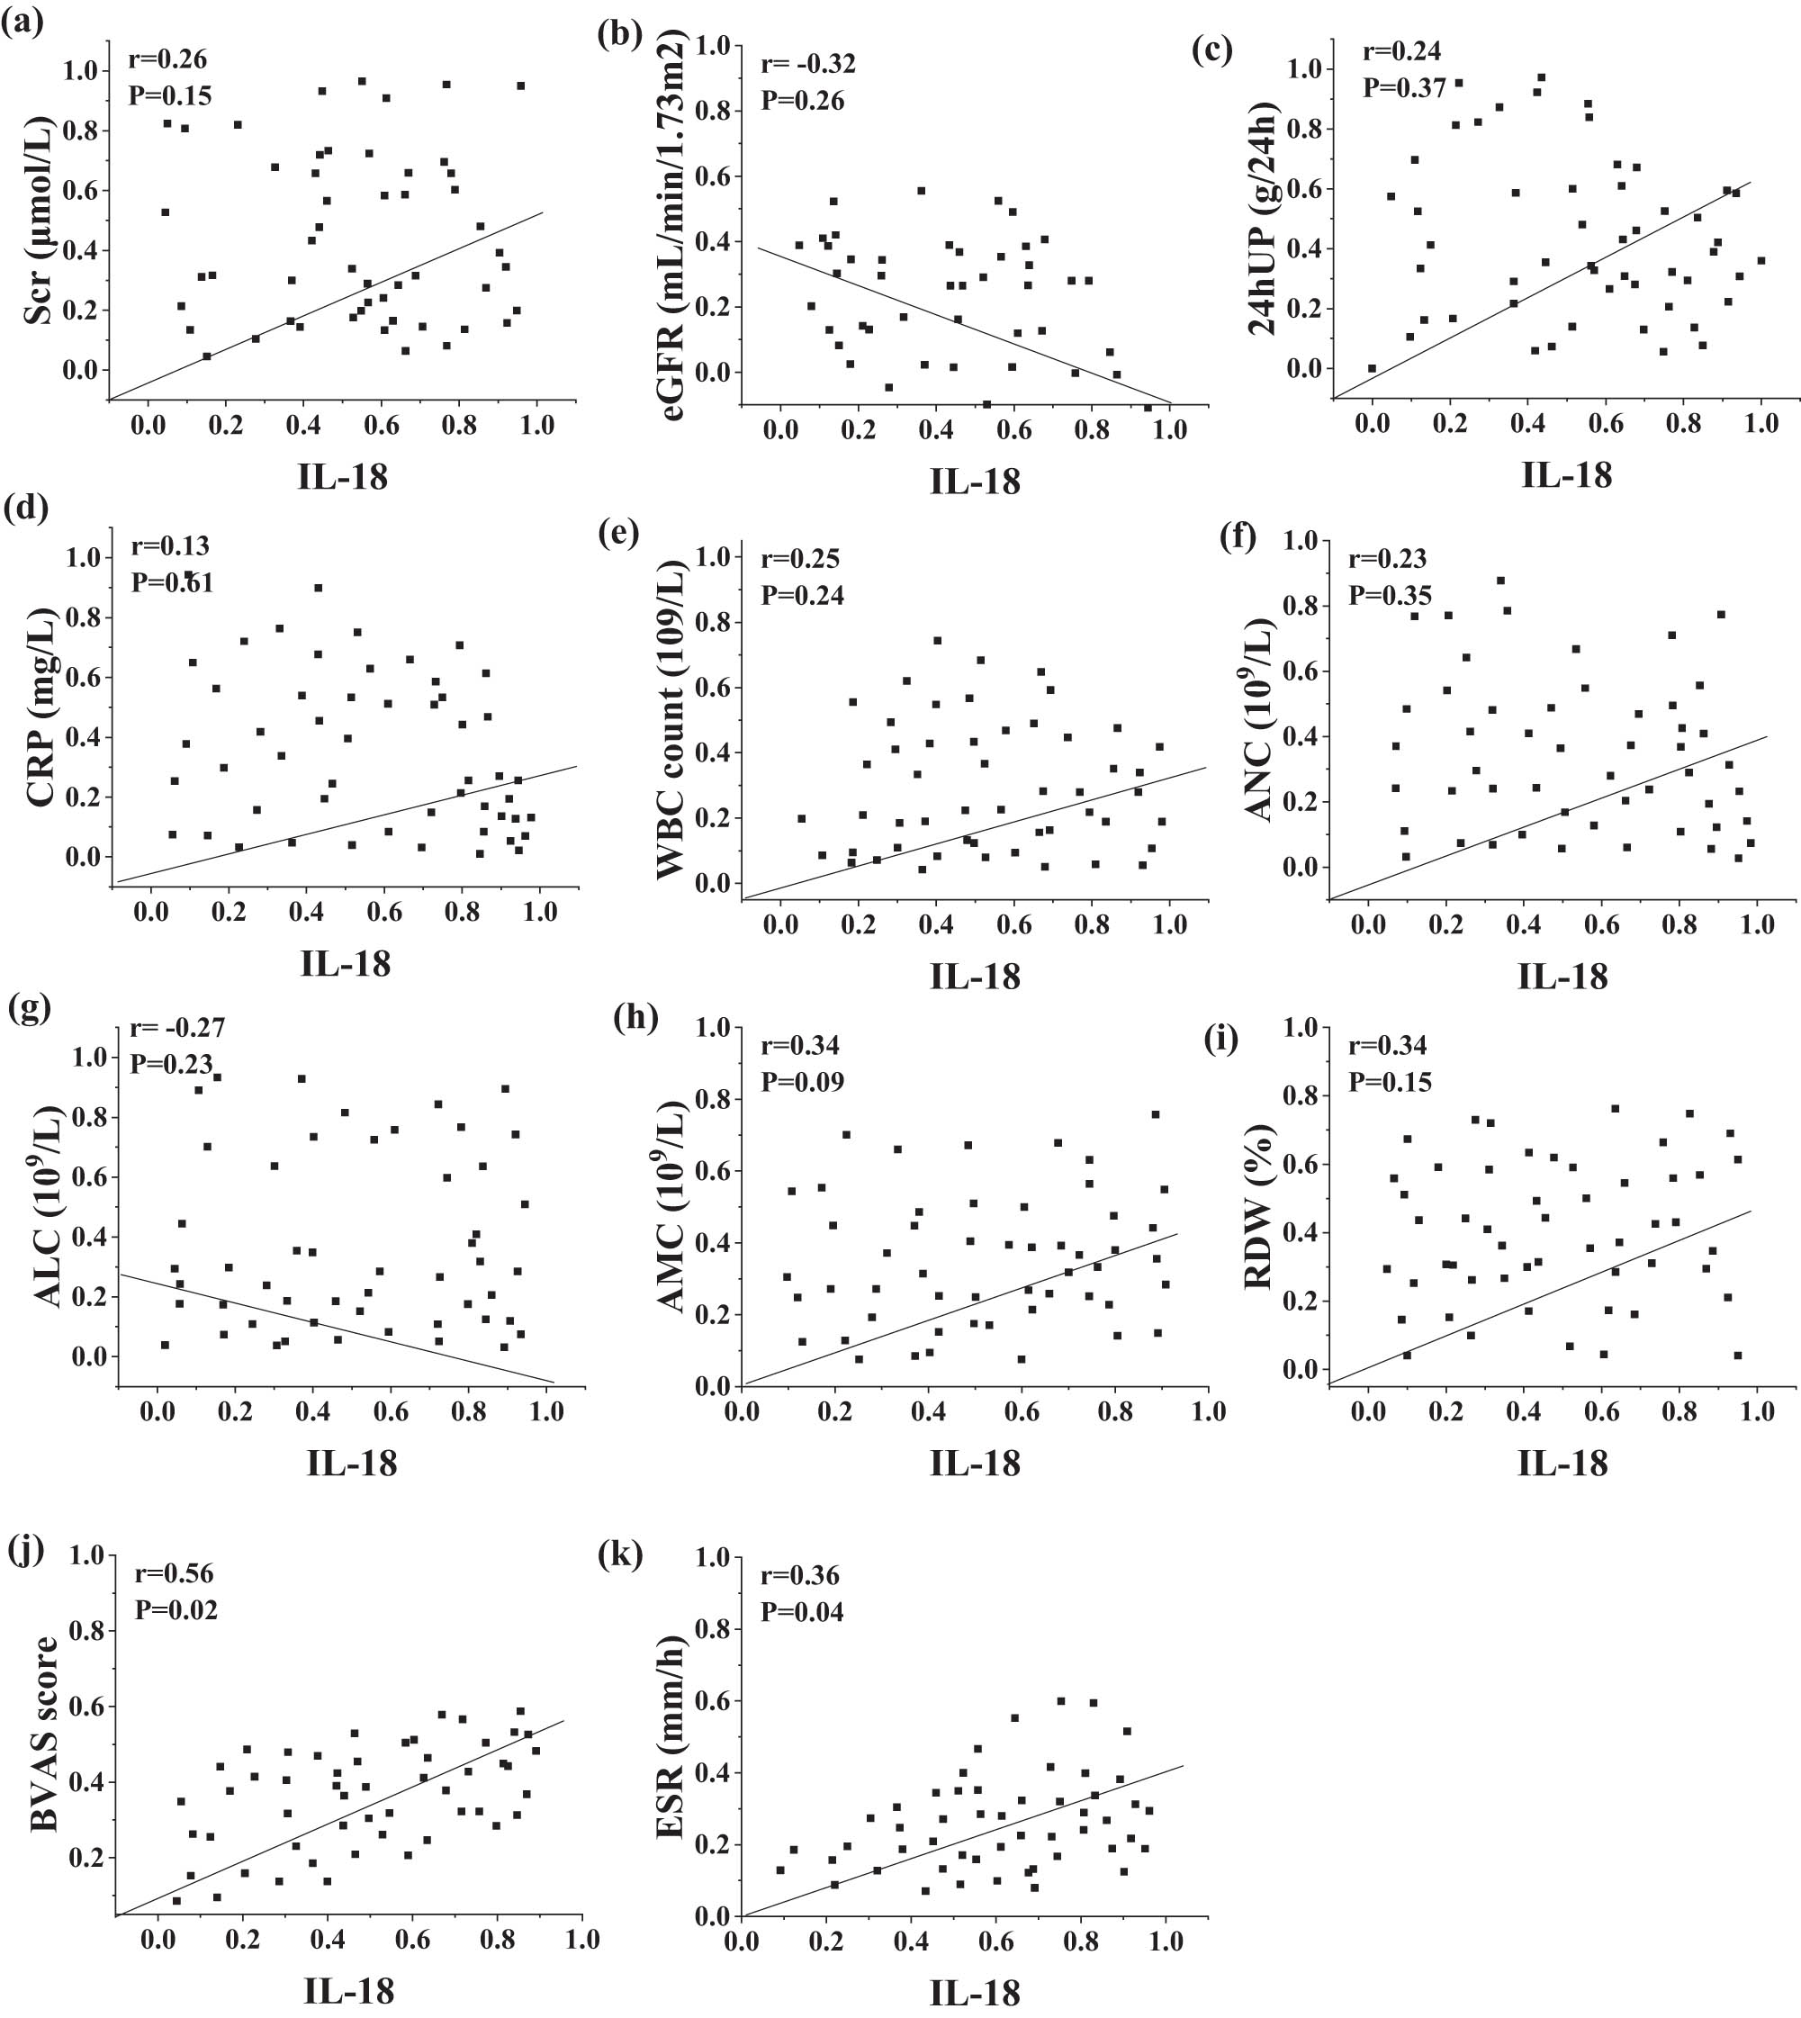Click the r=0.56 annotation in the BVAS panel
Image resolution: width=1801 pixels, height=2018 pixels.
[175, 1572]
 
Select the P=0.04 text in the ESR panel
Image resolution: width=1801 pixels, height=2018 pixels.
[802, 1612]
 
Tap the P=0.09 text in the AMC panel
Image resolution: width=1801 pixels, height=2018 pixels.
[802, 1082]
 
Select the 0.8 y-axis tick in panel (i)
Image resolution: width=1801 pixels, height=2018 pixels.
[1303, 1096]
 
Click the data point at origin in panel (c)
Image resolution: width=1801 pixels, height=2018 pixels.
[1372, 368]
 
